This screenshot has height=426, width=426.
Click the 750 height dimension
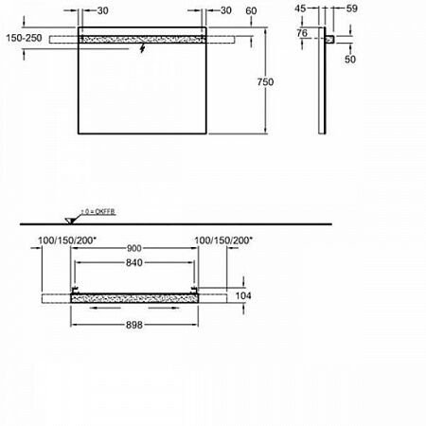[265, 83]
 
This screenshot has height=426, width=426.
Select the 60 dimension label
[251, 10]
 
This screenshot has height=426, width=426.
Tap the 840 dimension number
[133, 267]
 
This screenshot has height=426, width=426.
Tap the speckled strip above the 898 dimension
[133, 296]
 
